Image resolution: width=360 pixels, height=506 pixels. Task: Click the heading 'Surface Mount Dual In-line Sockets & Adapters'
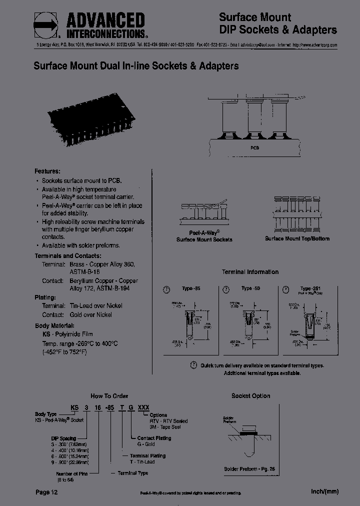coord(136,66)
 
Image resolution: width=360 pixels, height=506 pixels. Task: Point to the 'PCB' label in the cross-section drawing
coord(255,148)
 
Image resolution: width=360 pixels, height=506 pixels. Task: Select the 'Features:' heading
coord(47,171)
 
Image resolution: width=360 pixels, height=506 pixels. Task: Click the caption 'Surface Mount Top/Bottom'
coord(297,238)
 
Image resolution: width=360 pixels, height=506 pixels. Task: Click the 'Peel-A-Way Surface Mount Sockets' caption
coord(204,236)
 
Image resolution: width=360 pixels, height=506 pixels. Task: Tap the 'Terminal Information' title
coord(250,272)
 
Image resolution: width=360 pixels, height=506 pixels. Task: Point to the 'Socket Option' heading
coord(250,395)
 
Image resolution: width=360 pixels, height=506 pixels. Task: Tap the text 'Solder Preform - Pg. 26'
coord(250,469)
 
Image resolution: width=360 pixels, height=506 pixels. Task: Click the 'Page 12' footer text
coord(49,492)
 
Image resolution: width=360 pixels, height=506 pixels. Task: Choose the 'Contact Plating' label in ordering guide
coord(154,438)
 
